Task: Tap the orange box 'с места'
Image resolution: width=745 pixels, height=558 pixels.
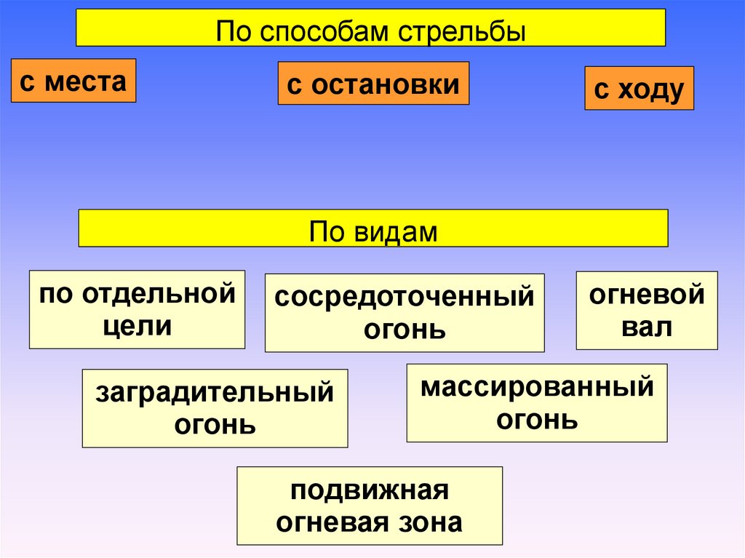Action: (73, 81)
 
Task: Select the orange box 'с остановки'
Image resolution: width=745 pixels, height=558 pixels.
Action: (373, 84)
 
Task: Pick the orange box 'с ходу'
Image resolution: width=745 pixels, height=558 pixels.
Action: (639, 89)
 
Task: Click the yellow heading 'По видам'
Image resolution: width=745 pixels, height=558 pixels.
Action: (373, 228)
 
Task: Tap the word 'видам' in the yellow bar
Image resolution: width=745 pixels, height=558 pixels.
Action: (397, 232)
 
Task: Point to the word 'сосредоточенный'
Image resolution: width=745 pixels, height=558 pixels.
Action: (405, 298)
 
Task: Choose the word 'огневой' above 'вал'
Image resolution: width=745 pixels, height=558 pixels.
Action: (647, 295)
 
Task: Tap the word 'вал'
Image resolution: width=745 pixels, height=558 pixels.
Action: (647, 327)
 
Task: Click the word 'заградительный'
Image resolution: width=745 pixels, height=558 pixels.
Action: (215, 393)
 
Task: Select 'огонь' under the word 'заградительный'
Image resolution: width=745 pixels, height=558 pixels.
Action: (215, 423)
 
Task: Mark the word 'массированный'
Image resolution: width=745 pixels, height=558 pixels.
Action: (537, 387)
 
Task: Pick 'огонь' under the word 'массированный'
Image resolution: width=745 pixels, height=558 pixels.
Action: (537, 419)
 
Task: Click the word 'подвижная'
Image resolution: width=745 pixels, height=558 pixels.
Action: (370, 491)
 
